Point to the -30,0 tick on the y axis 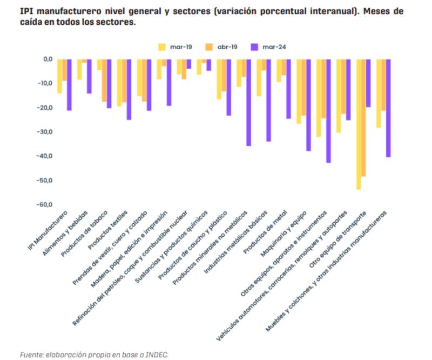(44, 132)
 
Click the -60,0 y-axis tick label (44, 205)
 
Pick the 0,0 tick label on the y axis (46, 59)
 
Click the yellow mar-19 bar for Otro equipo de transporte (359, 124)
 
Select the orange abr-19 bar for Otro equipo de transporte (363, 118)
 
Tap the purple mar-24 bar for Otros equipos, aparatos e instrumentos (328, 111)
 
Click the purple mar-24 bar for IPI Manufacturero (69, 85)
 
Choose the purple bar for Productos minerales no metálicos (248, 103)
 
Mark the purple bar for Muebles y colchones (388, 108)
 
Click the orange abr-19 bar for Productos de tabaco (104, 81)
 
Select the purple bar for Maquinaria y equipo (308, 105)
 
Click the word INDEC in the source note (158, 354)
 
